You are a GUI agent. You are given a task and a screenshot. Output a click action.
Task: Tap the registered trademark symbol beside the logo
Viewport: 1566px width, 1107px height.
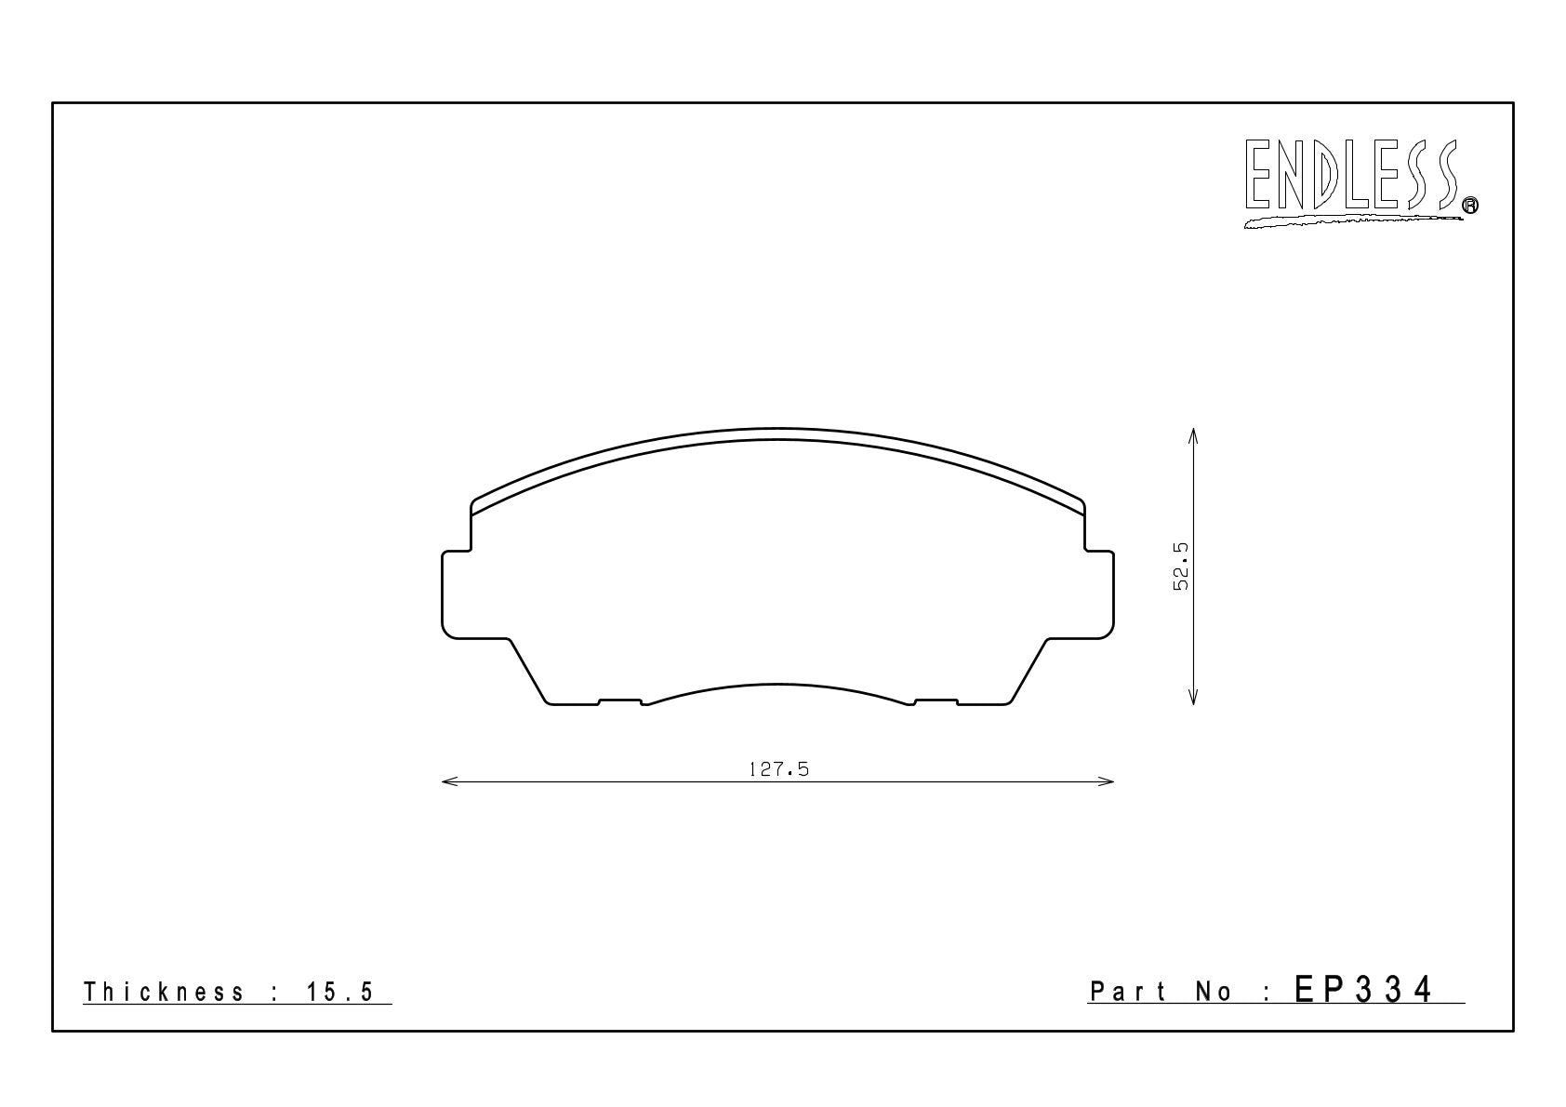click(1470, 205)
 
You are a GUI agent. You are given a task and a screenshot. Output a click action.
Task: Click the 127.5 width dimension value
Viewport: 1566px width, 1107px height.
click(778, 770)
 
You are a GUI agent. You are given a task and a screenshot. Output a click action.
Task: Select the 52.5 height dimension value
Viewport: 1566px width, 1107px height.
click(1180, 567)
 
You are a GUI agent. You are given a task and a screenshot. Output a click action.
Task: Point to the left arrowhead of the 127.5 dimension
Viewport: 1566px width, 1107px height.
click(449, 781)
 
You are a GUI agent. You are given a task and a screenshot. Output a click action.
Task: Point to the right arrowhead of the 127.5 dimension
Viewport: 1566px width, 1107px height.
click(1106, 781)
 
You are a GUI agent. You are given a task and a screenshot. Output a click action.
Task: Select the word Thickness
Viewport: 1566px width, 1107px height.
click(164, 992)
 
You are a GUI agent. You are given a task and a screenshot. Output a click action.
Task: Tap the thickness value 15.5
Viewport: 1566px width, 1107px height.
click(340, 992)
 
